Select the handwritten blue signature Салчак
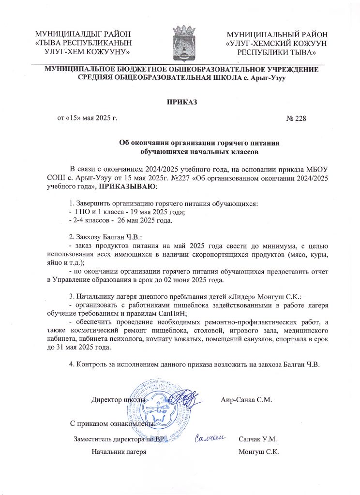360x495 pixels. click(210, 438)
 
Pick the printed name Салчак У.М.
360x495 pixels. click(257, 439)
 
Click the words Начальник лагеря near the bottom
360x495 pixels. click(119, 452)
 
